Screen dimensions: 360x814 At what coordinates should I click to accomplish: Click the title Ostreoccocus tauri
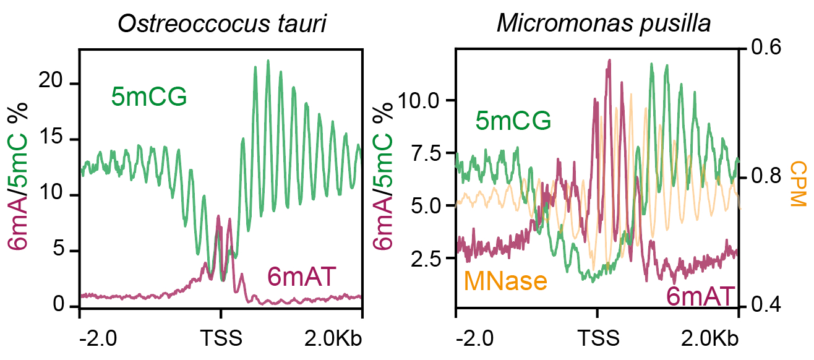pyautogui.click(x=222, y=24)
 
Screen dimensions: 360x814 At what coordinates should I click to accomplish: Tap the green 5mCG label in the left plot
pyautogui.click(x=149, y=96)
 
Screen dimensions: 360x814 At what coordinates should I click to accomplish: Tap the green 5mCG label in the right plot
pyautogui.click(x=513, y=121)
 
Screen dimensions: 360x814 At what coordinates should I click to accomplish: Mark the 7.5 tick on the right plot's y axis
pyautogui.click(x=426, y=153)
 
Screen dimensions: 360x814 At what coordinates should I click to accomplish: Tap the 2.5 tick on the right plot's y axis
pyautogui.click(x=426, y=258)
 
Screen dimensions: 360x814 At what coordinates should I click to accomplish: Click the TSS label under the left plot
pyautogui.click(x=220, y=339)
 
